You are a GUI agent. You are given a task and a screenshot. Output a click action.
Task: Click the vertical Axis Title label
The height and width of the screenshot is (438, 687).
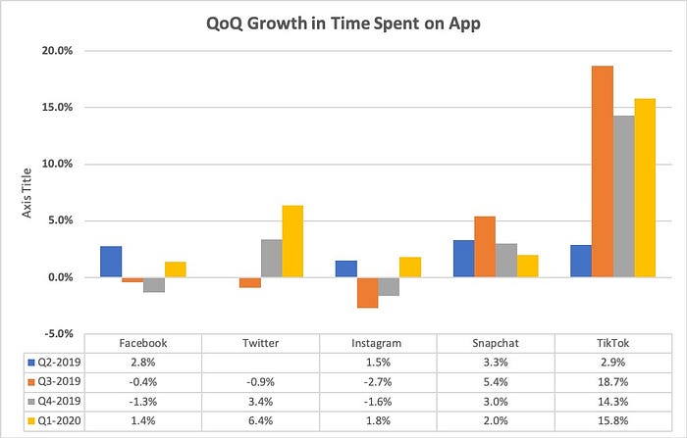pyautogui.click(x=30, y=191)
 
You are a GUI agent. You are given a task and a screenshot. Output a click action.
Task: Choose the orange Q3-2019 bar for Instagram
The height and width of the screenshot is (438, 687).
pyautogui.click(x=368, y=293)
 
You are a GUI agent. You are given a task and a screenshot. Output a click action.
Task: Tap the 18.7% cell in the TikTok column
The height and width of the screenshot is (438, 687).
pyautogui.click(x=612, y=382)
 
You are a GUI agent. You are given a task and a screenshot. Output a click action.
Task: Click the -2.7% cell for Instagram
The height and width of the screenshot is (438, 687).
pyautogui.click(x=378, y=382)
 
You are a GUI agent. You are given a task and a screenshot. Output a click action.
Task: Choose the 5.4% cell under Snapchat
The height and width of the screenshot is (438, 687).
pyautogui.click(x=496, y=382)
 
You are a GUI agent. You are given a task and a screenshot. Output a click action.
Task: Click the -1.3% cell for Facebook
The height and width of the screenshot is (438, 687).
pyautogui.click(x=143, y=400)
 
